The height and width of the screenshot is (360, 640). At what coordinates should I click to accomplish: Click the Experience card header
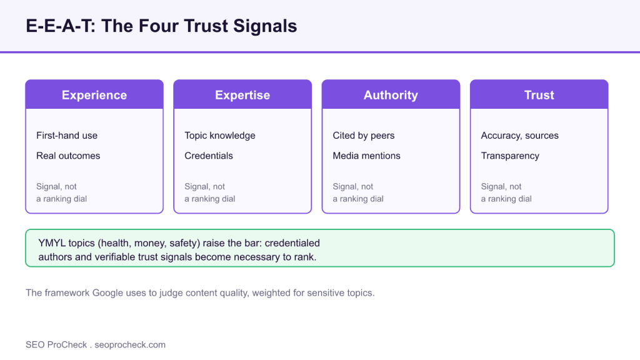pyautogui.click(x=94, y=94)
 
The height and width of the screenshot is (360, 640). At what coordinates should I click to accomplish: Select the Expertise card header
pyautogui.click(x=242, y=94)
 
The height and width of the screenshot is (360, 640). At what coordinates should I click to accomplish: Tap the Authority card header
pyautogui.click(x=391, y=94)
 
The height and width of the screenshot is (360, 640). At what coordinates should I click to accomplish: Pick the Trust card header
pyautogui.click(x=539, y=94)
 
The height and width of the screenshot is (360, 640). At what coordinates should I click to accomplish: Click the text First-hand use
pyautogui.click(x=67, y=136)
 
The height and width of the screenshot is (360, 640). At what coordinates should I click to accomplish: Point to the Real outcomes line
pyautogui.click(x=68, y=156)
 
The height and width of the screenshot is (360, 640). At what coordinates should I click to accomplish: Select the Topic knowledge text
pyautogui.click(x=220, y=136)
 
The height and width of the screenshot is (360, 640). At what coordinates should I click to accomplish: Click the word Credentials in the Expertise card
pyautogui.click(x=209, y=156)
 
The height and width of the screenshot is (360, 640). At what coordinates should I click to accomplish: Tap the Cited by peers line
pyautogui.click(x=364, y=136)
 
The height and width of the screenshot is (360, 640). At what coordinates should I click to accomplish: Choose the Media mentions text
pyautogui.click(x=366, y=156)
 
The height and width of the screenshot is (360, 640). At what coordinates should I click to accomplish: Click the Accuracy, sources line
pyautogui.click(x=519, y=136)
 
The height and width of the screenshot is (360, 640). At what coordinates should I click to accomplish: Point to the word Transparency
pyautogui.click(x=510, y=156)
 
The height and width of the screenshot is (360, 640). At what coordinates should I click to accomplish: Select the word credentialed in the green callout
pyautogui.click(x=292, y=243)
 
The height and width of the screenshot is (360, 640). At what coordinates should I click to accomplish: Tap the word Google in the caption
pyautogui.click(x=107, y=293)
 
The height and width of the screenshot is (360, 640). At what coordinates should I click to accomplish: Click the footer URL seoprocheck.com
pyautogui.click(x=130, y=345)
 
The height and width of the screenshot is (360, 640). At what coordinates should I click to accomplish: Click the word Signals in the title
pyautogui.click(x=265, y=26)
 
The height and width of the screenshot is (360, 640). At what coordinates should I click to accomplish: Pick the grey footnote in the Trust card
pyautogui.click(x=506, y=192)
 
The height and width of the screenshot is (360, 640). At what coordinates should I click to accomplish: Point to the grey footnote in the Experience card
pyautogui.click(x=62, y=192)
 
